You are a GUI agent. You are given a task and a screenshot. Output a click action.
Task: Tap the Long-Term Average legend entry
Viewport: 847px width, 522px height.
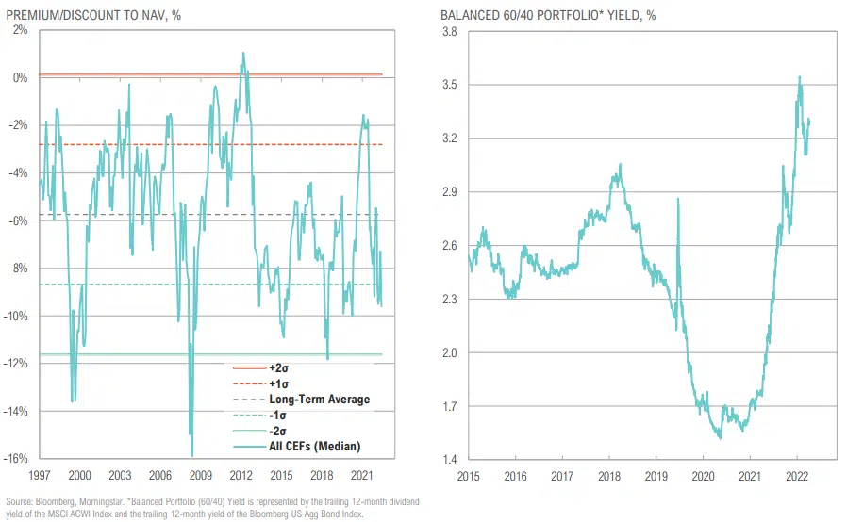302,400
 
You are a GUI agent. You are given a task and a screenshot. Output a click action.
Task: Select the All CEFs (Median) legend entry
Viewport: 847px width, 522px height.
302,446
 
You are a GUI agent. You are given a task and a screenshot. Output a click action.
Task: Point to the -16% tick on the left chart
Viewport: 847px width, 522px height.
17,459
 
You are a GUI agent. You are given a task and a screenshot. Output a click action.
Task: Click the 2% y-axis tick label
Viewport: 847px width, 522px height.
21,30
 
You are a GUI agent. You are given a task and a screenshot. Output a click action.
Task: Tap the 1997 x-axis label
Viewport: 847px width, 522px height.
40,477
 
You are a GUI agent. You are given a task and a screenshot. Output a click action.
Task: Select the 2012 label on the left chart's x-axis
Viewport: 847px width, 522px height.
241,477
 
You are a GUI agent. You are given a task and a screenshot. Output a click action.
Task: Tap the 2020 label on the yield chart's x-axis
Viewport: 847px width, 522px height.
704,477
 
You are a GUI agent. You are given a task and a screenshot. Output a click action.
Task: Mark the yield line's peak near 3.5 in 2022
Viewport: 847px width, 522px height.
800,77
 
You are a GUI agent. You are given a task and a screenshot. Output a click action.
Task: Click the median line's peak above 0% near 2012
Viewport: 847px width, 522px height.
242,53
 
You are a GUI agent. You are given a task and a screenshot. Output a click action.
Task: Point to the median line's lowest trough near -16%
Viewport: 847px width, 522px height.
191,456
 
